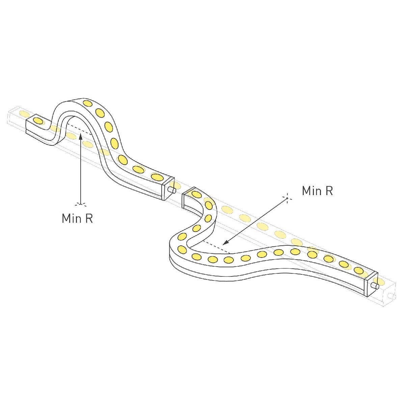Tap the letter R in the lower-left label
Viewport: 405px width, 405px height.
[89, 218]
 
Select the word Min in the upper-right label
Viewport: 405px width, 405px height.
[312, 191]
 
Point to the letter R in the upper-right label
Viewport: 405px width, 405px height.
[329, 191]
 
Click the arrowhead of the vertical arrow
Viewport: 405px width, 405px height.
[81, 136]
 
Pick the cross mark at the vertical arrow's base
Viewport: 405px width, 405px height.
[81, 204]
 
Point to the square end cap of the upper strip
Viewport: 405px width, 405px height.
[168, 188]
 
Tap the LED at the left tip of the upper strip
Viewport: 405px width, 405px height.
[38, 120]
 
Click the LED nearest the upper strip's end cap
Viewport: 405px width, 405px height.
[157, 177]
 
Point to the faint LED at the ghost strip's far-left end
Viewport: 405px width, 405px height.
[24, 113]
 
